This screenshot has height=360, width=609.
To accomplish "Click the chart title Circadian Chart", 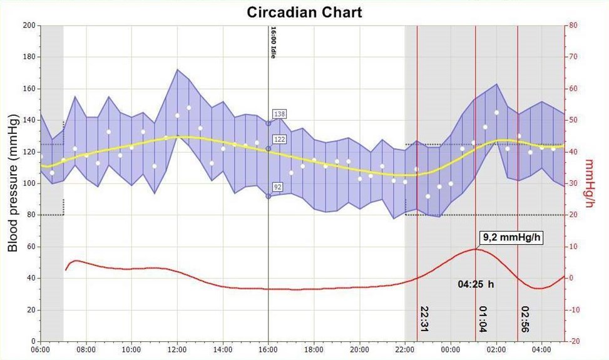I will click(x=304, y=12).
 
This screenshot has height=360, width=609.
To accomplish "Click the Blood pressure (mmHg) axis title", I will click(x=13, y=183).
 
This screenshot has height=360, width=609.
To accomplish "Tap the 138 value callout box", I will click(x=279, y=114).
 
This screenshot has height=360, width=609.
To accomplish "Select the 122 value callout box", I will click(x=279, y=139).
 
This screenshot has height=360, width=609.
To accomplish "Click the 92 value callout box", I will click(x=278, y=186).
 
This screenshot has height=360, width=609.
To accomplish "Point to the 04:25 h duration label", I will click(x=476, y=284).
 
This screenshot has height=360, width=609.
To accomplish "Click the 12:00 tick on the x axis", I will click(x=177, y=349).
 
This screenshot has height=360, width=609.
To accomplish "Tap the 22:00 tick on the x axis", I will click(x=405, y=349).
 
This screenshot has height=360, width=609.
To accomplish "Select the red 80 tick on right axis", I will click(x=573, y=26).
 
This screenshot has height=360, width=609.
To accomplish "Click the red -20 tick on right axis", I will click(x=575, y=341).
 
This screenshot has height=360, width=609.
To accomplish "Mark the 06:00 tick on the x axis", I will click(x=41, y=349).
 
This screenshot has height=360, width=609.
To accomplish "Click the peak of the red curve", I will click(x=475, y=249).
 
